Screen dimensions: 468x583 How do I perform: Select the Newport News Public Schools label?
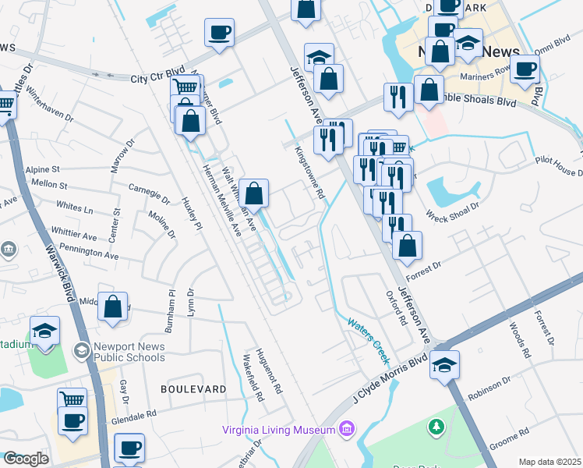click(x=129, y=352)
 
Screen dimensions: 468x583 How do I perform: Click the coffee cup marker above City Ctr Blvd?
click(x=219, y=34)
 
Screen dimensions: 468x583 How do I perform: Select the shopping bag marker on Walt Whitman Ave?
click(x=253, y=193)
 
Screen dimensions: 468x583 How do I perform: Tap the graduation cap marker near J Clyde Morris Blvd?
click(x=444, y=364)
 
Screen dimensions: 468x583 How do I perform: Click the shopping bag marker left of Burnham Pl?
click(x=112, y=307)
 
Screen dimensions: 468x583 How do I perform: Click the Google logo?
click(x=26, y=459)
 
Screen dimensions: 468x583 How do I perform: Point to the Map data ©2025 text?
click(x=549, y=462)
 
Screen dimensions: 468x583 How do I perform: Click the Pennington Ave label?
click(x=93, y=253)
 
